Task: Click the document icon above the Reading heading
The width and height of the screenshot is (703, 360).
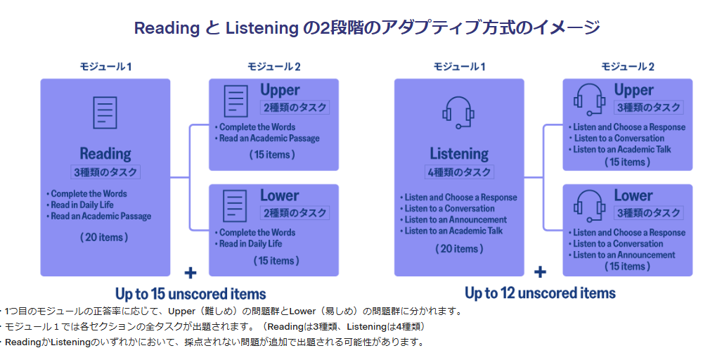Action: click(x=105, y=113)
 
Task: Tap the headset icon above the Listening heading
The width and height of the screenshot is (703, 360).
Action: click(x=459, y=112)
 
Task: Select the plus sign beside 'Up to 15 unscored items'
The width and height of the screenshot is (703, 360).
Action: click(x=190, y=273)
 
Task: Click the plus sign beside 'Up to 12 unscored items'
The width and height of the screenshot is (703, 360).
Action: click(x=540, y=273)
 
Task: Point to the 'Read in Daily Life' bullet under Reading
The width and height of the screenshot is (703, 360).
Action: click(x=83, y=205)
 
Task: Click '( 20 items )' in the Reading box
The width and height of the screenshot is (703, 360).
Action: click(x=104, y=237)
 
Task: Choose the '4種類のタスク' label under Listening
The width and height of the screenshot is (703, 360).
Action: click(x=458, y=171)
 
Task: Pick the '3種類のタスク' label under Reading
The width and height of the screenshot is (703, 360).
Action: click(x=105, y=171)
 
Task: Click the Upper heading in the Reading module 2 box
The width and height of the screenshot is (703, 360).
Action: click(x=280, y=90)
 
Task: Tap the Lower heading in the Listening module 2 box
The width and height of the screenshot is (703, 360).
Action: click(x=633, y=195)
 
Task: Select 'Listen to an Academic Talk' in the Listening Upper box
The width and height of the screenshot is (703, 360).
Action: click(x=621, y=149)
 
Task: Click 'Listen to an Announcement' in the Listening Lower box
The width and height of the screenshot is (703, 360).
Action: click(x=624, y=255)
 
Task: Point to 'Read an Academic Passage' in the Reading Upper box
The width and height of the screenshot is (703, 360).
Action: click(x=269, y=139)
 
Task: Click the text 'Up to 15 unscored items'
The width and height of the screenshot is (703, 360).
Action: click(x=191, y=293)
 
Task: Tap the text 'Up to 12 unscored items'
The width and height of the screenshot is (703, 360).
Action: click(x=540, y=293)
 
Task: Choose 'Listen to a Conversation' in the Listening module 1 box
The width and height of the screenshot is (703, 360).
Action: click(x=449, y=209)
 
